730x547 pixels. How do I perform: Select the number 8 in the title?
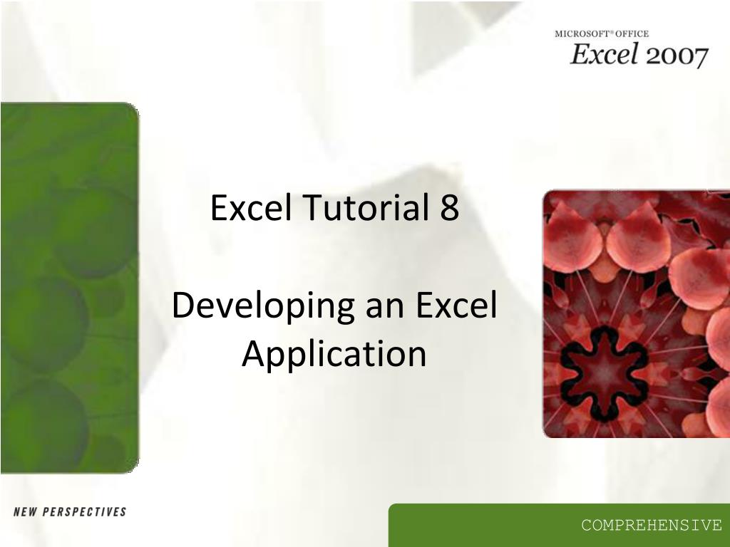coord(449,208)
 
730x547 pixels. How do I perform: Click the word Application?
coord(334,354)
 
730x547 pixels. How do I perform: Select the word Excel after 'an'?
coord(456,306)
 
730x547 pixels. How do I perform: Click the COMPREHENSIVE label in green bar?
coord(651,526)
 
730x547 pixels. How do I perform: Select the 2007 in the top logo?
coord(677,56)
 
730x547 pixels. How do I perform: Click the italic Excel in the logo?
coord(603,54)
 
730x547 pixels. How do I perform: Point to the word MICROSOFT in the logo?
coord(579,33)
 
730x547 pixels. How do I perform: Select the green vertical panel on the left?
coord(69,285)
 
